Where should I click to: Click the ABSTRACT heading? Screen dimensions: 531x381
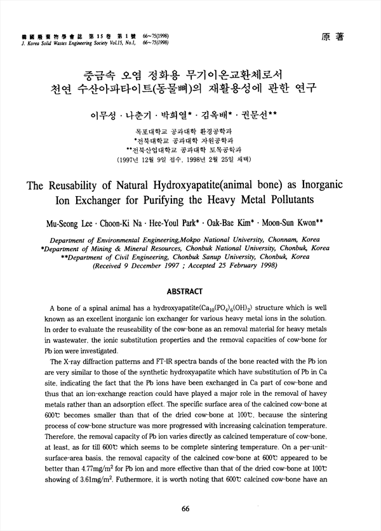[x=190, y=291]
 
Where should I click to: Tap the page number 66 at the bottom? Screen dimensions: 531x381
[x=186, y=509]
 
